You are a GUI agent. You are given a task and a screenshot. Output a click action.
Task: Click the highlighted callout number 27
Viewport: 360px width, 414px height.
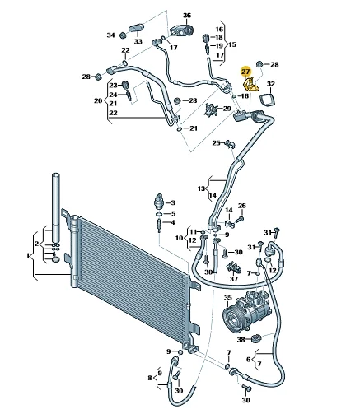(245, 72)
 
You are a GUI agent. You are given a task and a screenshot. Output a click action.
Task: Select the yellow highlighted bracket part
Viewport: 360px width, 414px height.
(250, 86)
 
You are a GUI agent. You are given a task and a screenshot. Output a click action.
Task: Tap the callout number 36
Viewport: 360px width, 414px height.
(187, 16)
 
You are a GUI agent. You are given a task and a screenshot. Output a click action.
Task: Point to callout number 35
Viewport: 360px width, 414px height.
(228, 298)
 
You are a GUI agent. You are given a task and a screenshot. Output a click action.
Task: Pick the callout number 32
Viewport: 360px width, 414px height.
(271, 84)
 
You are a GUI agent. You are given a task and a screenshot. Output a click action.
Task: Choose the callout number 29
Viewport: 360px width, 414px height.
(227, 109)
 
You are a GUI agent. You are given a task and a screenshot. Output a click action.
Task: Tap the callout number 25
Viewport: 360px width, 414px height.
(217, 143)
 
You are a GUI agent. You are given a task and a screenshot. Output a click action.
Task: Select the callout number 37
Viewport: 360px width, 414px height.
(234, 279)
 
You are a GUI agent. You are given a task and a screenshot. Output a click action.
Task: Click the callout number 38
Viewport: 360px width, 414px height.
(241, 340)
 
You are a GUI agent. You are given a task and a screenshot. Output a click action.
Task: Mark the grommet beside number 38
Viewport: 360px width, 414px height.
(256, 338)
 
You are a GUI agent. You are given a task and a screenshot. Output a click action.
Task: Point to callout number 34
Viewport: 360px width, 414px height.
(111, 35)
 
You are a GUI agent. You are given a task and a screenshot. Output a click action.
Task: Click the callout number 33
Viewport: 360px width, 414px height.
(138, 41)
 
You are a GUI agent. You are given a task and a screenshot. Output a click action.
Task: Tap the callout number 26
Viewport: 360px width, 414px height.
(242, 206)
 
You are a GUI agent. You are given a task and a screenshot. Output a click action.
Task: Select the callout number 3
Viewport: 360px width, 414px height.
(173, 202)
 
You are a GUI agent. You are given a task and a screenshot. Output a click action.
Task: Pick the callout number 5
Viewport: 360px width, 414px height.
(173, 214)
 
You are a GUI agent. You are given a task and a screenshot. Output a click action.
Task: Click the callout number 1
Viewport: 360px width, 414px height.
(28, 256)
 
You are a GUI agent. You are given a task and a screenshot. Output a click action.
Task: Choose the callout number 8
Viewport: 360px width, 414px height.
(150, 378)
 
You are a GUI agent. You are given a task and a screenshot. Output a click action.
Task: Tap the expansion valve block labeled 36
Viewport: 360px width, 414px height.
(181, 29)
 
